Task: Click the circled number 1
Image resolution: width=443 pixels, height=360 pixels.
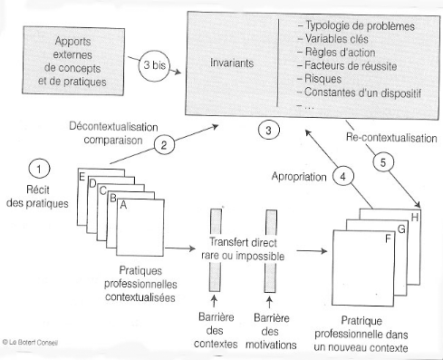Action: tap(39, 169)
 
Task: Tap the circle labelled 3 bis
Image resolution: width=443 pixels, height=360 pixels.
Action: tap(154, 65)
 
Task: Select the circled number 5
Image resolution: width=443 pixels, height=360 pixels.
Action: tap(383, 162)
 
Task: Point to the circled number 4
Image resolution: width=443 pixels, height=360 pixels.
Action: tap(343, 176)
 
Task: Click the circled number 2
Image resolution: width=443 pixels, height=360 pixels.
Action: tap(164, 145)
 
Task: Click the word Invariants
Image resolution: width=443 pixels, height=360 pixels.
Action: tap(232, 63)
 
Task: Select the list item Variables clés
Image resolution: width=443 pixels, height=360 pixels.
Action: tap(332, 39)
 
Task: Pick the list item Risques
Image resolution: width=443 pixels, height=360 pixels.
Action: tap(320, 79)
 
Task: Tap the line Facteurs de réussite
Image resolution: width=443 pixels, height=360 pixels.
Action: tap(347, 65)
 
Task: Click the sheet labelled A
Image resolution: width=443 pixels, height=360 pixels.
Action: tap(140, 228)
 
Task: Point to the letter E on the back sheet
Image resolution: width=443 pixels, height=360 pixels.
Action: tap(82, 176)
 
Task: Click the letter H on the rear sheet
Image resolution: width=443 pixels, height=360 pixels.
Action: tap(415, 217)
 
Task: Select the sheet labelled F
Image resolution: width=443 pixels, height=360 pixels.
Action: tap(363, 268)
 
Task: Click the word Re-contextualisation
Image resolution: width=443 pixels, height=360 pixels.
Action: tap(391, 138)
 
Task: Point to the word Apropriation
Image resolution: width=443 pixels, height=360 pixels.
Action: tap(299, 177)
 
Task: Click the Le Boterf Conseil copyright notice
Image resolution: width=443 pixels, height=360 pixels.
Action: tap(30, 342)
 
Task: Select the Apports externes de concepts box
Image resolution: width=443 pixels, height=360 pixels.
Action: tap(73, 61)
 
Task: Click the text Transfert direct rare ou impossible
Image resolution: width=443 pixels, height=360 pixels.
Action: tap(243, 249)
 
